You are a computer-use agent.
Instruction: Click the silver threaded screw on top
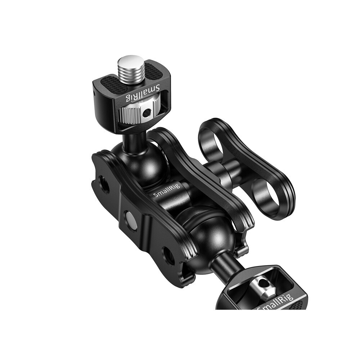tap(131, 68)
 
